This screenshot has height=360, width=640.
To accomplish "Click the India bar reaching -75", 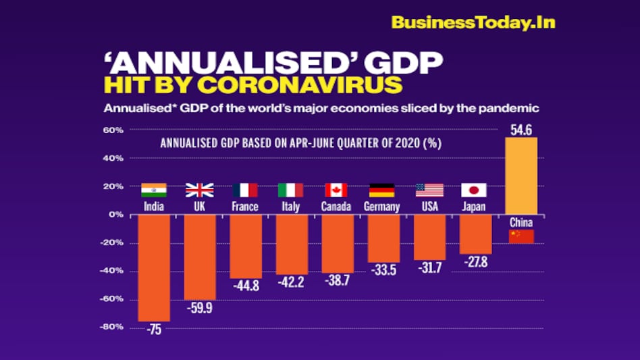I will (154, 267).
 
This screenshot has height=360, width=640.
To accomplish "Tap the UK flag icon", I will (200, 190).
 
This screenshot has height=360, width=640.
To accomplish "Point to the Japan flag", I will (474, 190).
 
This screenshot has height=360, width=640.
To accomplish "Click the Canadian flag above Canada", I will (336, 190).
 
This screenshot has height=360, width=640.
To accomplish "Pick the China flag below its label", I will (521, 236).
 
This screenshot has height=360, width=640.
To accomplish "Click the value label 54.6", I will (521, 130).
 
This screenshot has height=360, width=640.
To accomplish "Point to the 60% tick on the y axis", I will (113, 130).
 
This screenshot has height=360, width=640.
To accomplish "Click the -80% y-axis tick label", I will (111, 327).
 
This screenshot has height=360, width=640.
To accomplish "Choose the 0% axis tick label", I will (116, 215).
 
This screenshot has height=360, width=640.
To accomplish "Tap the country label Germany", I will (381, 207).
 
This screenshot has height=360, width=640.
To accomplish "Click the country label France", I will (244, 207).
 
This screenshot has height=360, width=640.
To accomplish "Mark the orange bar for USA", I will (429, 237).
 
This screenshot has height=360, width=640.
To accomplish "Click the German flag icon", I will (382, 190).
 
